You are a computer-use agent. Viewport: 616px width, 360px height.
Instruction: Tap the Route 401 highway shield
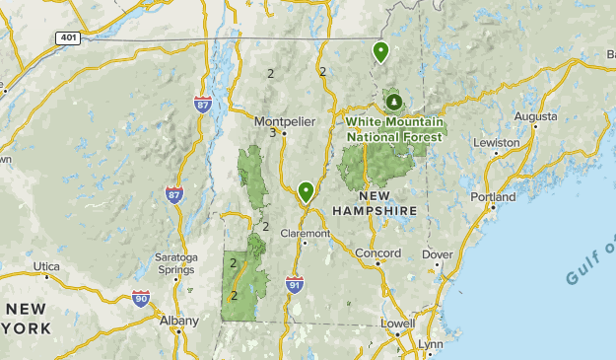coord(66,36)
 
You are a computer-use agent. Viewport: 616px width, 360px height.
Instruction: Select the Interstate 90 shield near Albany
coord(141,297)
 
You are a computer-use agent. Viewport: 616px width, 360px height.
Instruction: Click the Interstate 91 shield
coord(295,284)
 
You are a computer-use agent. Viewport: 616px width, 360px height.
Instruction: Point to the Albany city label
coord(178,321)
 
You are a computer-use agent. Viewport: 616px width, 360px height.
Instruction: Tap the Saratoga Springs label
coord(175,263)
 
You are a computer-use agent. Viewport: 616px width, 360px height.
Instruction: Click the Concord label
coord(377,253)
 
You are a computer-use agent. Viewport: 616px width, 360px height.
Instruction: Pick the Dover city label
coord(437,253)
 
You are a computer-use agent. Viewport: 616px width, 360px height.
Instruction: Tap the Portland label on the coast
coord(493,197)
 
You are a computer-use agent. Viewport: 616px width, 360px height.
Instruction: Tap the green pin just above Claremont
coord(307,191)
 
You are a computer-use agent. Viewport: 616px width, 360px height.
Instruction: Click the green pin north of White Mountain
coord(379,51)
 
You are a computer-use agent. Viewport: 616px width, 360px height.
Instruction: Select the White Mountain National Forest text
coord(395,128)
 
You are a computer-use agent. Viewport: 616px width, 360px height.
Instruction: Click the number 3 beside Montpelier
coord(272,133)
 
